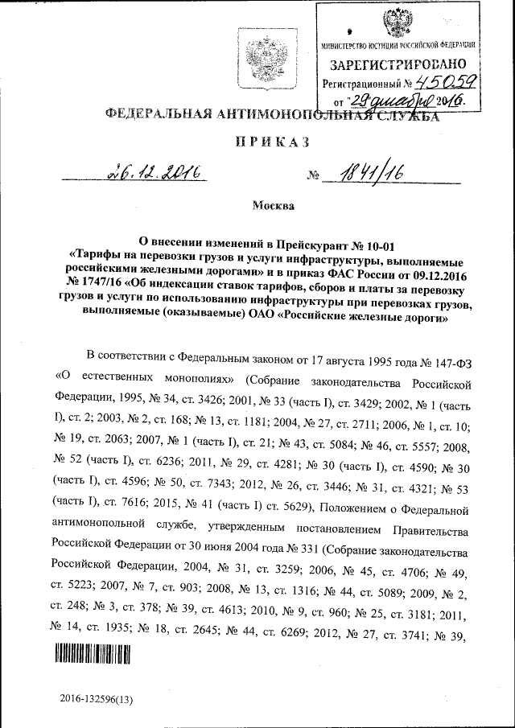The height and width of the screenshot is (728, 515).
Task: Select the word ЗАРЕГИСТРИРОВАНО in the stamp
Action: click(x=395, y=64)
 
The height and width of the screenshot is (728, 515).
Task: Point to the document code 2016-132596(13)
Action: click(x=97, y=700)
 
